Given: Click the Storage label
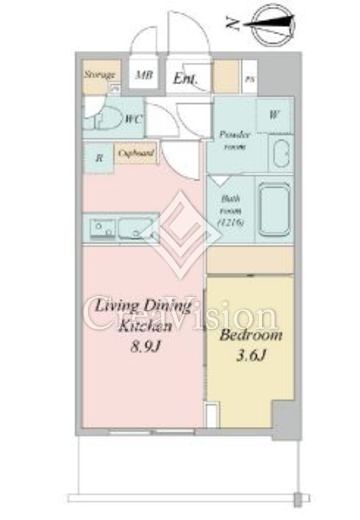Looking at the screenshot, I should pos(97,75).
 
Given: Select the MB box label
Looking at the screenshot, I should pos(144,75).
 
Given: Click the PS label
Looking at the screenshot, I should pos(250,79).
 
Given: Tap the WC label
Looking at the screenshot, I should pos(131,119).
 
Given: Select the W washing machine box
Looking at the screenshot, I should pos(273,115).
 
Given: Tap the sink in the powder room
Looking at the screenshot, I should pos(278,156).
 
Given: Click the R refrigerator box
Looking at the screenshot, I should pos(98,157).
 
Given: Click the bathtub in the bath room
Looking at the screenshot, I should pos(275,208).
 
